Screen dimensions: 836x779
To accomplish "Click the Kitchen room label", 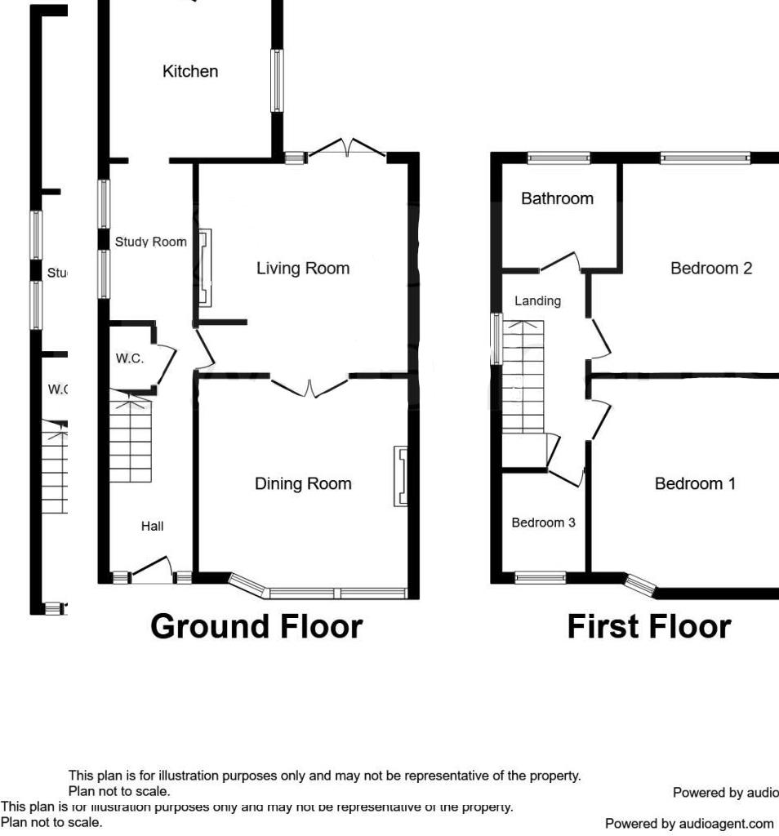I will point(190,72).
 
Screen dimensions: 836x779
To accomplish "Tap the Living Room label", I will point(302,269).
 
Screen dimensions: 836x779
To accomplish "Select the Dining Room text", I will point(303,484).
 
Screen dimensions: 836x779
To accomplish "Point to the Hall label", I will point(152,527).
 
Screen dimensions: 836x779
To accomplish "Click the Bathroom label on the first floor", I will point(557,198).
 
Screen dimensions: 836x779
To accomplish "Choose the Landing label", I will point(537,301).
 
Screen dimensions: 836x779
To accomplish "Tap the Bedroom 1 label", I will point(695,484).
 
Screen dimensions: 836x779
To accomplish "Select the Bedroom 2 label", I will point(710,269).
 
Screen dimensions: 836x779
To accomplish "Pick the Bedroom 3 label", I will point(543,522).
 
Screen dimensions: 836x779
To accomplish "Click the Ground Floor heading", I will point(256,627).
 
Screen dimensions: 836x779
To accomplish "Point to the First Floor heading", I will point(648,627).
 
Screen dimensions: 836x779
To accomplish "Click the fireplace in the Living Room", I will point(203,269).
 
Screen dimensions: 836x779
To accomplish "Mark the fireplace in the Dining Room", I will point(400,476).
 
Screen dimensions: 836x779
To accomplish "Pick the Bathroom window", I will point(559,158).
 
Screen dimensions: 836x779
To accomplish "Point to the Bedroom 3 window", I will point(540,578).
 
